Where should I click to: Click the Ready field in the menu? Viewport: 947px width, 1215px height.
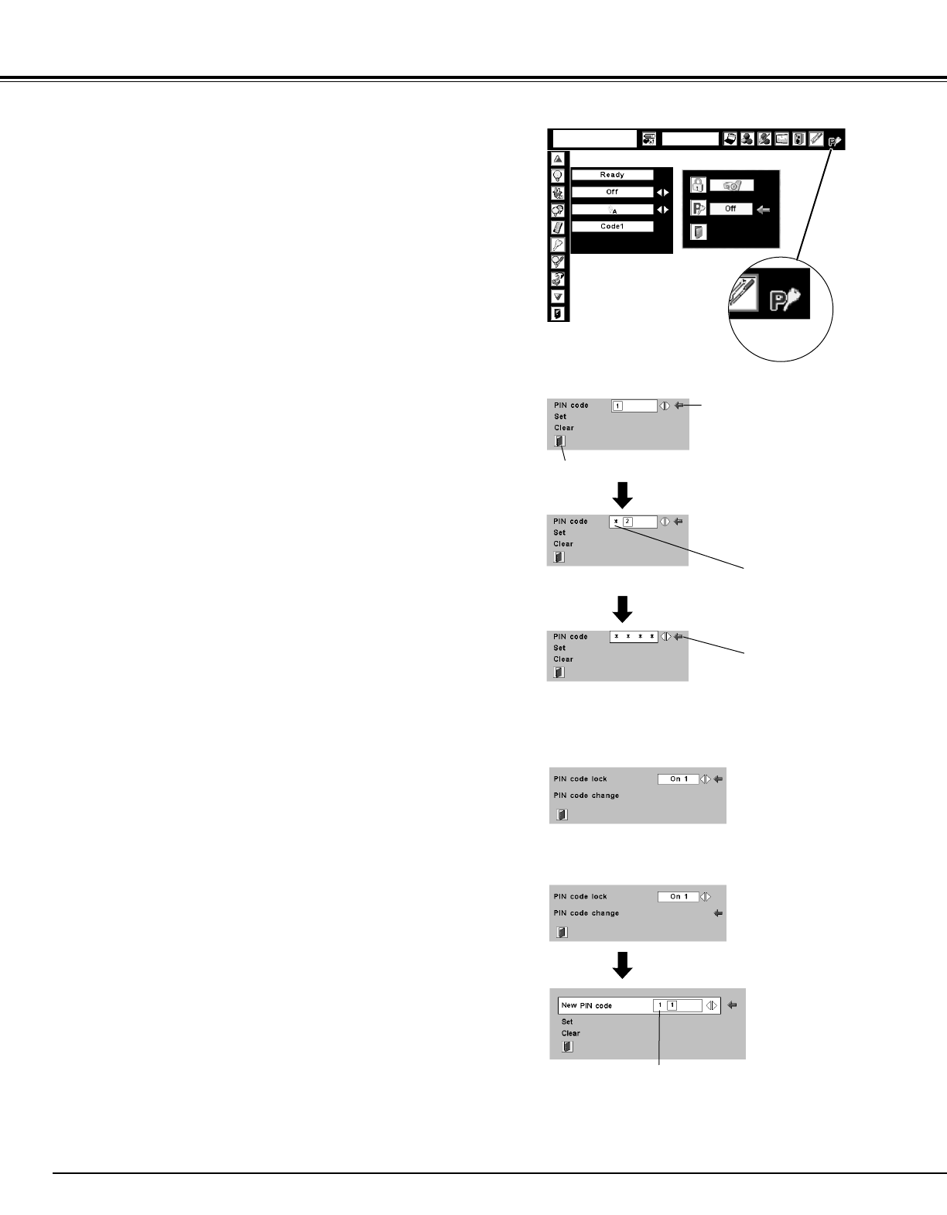(x=612, y=175)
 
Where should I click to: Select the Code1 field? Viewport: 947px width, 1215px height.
(x=612, y=227)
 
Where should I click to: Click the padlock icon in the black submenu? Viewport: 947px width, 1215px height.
(x=697, y=186)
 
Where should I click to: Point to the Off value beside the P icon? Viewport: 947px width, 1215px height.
(x=730, y=209)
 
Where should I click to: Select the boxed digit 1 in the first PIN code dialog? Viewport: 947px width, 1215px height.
(x=617, y=406)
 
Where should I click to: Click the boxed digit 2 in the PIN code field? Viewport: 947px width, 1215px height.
(x=627, y=522)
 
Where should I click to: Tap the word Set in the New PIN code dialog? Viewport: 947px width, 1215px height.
(x=567, y=1022)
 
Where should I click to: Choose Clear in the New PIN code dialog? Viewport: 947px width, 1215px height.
(x=570, y=1033)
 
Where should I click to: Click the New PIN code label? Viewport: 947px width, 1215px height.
(x=586, y=1005)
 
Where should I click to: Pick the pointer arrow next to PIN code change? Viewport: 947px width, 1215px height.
(x=718, y=913)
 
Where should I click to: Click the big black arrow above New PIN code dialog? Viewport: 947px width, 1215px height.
(x=622, y=964)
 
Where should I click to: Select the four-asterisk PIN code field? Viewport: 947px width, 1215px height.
(x=634, y=637)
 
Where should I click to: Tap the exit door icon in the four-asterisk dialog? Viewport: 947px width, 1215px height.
(x=559, y=673)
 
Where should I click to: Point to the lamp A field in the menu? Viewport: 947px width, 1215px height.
(x=612, y=210)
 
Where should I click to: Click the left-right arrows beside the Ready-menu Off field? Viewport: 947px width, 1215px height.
(x=663, y=192)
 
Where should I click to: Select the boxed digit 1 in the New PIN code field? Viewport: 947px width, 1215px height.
(x=672, y=1005)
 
